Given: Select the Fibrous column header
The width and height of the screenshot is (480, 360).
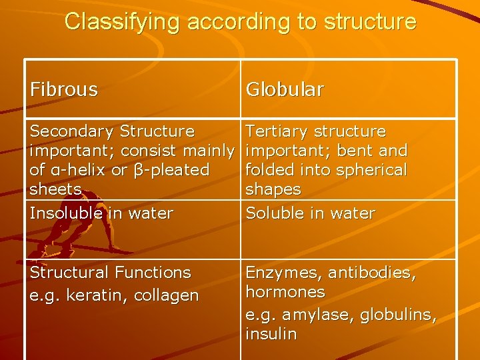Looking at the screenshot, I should pos(64,89).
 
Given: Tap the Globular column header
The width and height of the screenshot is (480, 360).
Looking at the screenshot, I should pos(285,89).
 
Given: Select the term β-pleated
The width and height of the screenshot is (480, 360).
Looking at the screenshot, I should pos(171,170).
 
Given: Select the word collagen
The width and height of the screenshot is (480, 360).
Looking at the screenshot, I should pos(168,295).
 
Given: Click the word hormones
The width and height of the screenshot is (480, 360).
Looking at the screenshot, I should pos(285,292).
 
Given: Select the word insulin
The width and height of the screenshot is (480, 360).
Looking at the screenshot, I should pos(271,333).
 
